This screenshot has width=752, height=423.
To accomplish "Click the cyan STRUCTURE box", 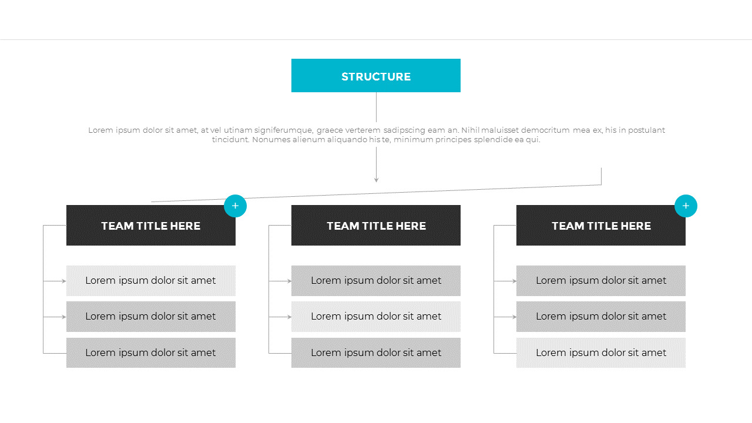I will (x=376, y=75).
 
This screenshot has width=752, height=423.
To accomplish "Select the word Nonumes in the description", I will (x=271, y=140).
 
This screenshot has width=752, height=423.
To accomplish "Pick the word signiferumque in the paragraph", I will (x=278, y=130).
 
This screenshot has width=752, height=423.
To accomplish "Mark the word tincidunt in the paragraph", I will (x=230, y=140).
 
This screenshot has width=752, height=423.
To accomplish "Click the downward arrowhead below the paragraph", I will (x=376, y=179).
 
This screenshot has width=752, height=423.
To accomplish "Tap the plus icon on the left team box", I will (x=235, y=206).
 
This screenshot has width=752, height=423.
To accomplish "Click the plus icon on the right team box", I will (x=686, y=206).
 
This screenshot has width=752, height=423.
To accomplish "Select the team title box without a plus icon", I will (x=376, y=226).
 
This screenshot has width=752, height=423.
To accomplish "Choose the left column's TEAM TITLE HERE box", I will (x=151, y=226).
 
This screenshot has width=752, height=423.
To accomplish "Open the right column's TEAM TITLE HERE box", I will (x=601, y=226).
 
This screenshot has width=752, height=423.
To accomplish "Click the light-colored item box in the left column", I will (x=151, y=281).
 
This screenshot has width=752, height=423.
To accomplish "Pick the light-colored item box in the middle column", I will (x=376, y=317).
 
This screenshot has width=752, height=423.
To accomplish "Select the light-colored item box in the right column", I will (x=601, y=353).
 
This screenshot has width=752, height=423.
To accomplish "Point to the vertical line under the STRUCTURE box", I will (x=376, y=107).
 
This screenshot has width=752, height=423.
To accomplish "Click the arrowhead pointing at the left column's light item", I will (x=64, y=281).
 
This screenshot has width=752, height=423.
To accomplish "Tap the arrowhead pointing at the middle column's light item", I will (x=289, y=317).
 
